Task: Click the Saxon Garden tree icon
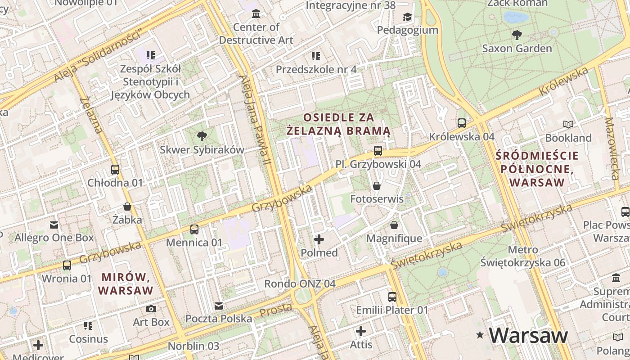pos(517,35)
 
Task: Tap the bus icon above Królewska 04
pos(461,123)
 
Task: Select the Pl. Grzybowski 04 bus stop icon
pos(378,151)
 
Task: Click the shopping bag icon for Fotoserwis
pos(377,185)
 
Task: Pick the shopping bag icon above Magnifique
pos(394,225)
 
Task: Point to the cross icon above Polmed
pos(319,239)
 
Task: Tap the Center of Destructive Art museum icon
pos(256,14)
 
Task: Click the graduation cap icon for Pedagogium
pos(407,17)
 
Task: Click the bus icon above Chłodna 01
pos(115,170)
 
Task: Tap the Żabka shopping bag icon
pos(127,207)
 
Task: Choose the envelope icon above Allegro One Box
pos(54,225)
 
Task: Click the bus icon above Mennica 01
pos(194,229)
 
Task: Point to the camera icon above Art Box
pos(151,309)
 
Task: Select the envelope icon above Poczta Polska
pos(219,306)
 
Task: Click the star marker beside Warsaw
pos(481,335)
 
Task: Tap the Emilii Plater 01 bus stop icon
pos(392,297)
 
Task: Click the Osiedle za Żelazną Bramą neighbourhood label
pos(338,124)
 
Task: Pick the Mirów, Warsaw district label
pos(126,283)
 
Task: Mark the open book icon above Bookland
pos(568,124)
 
